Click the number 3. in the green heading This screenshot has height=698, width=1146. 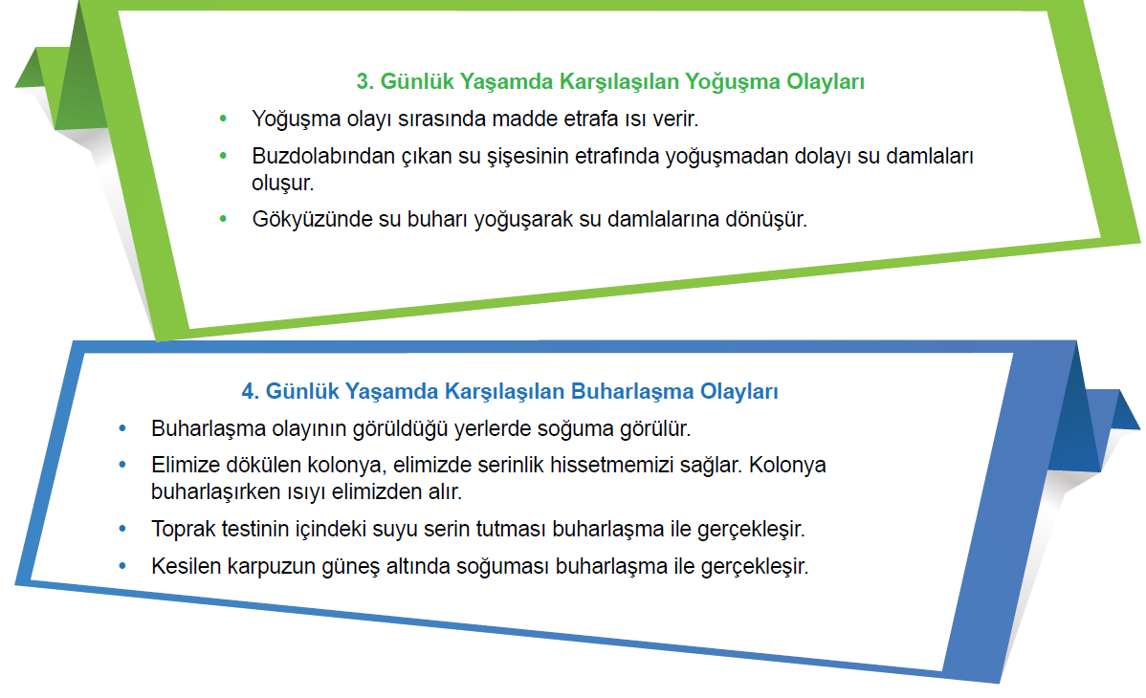coord(364,81)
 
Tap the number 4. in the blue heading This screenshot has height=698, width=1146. coord(250,391)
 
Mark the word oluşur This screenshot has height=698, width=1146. coord(283,183)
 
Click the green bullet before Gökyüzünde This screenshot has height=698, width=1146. coord(223,219)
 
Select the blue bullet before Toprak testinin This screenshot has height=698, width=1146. coord(122,529)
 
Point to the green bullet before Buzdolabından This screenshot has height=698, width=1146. coord(223,156)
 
